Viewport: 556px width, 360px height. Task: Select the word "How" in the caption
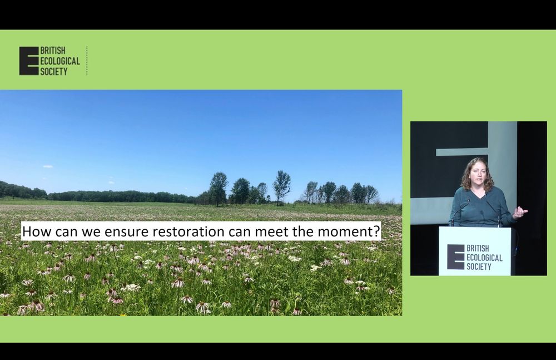coord(34,230)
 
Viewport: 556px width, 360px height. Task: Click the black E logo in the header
coord(29,61)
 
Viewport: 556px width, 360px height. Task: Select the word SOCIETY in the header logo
coord(54,71)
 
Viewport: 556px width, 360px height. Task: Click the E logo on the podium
coord(455,257)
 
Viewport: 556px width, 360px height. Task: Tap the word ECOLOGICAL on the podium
coord(484,258)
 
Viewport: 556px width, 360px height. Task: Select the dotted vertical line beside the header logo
coord(87,61)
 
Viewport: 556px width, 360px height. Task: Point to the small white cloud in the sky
coord(48,166)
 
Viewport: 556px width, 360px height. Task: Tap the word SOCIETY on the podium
coord(479,267)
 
